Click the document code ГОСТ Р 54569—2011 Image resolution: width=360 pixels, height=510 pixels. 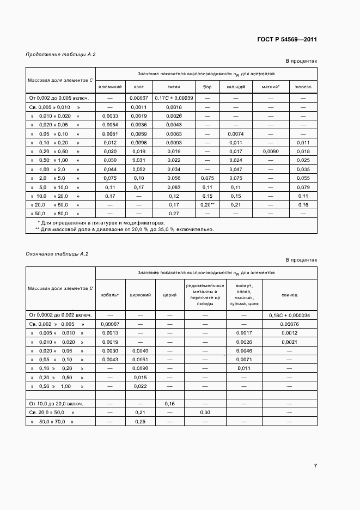[x=286, y=40]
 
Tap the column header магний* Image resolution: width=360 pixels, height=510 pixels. [x=270, y=87]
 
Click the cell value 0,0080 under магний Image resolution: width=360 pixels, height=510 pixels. [x=270, y=151]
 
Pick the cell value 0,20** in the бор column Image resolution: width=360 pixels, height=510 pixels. [x=207, y=204]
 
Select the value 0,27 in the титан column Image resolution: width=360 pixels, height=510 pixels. [x=174, y=213]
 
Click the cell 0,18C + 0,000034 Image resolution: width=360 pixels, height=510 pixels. [x=289, y=315]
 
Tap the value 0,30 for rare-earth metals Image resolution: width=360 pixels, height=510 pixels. [x=205, y=412]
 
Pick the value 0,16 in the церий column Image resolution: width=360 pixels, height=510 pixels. [x=170, y=404]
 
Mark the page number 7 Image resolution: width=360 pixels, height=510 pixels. [x=315, y=466]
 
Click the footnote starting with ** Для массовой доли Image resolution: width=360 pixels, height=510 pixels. [x=125, y=229]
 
